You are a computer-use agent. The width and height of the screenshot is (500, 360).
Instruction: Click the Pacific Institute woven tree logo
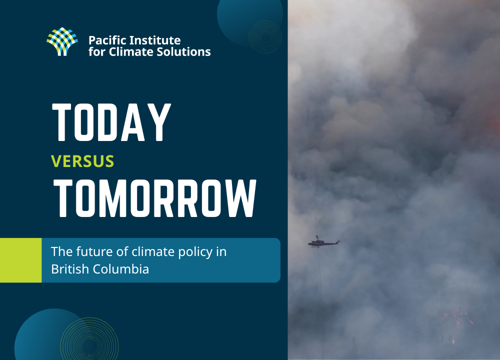[62, 41]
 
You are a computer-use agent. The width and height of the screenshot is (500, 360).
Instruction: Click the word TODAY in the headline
[111, 123]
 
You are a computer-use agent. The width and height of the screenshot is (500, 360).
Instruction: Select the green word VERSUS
[82, 161]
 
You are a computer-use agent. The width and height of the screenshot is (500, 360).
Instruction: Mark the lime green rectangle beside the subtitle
[20, 260]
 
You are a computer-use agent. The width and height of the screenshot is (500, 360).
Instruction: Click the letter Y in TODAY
[157, 123]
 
